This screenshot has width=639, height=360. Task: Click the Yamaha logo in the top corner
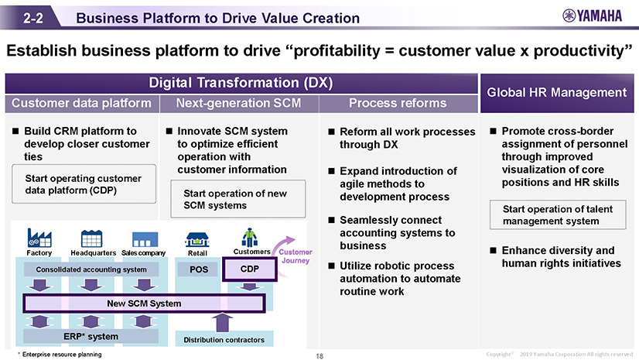(592, 17)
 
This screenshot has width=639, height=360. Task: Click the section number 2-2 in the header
(32, 18)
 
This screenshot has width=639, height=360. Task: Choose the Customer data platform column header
(81, 103)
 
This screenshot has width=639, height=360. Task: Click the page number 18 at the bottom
(319, 355)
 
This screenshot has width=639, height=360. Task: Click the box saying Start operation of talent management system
(555, 215)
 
